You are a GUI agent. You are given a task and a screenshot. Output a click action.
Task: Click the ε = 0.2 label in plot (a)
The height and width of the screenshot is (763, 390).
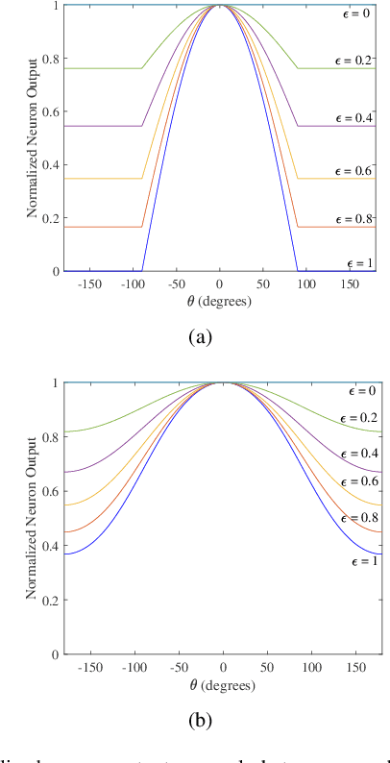pos(357,60)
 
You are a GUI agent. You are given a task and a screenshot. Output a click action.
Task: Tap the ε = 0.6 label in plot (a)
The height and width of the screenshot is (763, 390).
pos(357,168)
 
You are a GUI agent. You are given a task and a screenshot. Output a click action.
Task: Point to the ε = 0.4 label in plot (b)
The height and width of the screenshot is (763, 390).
pos(357,452)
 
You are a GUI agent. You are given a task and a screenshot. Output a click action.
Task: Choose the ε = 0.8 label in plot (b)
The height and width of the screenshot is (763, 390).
pos(357,517)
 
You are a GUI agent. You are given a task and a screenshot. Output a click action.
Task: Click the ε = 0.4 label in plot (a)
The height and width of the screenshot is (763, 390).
pos(357,115)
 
